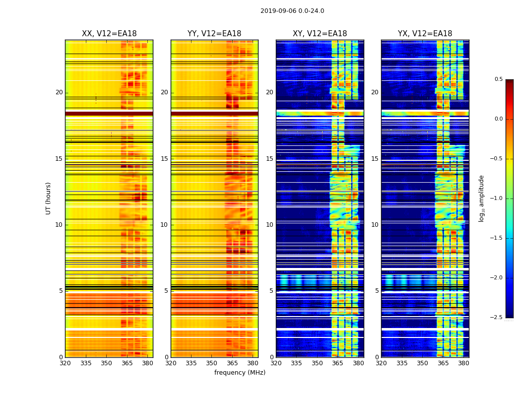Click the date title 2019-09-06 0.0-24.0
coord(292,11)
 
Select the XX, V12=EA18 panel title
coord(109,34)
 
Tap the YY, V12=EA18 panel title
coord(214,34)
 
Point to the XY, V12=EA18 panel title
coord(320,34)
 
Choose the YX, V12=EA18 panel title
coord(425,34)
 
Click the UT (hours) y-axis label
coord(49,198)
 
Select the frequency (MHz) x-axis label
coord(240,373)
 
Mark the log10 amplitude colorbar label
coord(482,198)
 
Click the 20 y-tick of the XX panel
coord(60,92)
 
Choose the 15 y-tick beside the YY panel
coord(165,159)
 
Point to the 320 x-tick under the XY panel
coord(276,363)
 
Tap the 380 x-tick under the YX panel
coord(463,363)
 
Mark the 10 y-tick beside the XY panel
coord(270,225)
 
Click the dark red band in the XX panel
coord(109,114)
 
